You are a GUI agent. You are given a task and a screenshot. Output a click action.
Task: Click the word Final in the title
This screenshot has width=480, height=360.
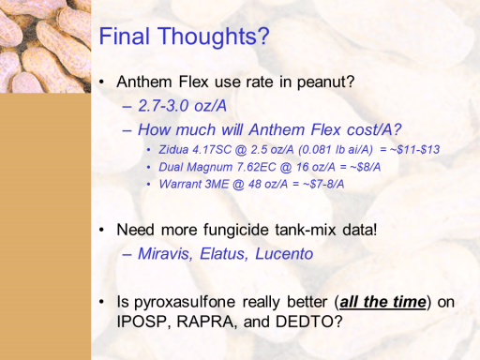pos(124,36)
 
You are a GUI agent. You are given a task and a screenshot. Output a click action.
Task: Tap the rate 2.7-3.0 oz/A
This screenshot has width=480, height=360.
pos(182,106)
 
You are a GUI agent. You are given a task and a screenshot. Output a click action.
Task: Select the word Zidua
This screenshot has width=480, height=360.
pos(173,150)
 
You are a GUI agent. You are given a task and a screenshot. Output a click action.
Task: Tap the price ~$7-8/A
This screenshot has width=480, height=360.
pos(323,184)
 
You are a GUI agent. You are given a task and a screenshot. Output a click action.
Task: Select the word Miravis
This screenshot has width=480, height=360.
pos(165,253)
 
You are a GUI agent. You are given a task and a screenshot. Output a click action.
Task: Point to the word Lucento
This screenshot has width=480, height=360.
pos(284,253)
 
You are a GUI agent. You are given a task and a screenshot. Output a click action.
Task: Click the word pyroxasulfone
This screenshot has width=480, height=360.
pos(185,302)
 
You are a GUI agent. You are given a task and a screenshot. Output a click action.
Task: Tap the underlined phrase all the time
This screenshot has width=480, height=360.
pos(382,302)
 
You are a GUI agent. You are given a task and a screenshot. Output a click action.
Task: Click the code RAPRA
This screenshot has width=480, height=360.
pos(205,322)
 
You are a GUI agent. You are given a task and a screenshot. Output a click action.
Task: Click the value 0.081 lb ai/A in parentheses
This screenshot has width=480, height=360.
pos(336,150)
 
